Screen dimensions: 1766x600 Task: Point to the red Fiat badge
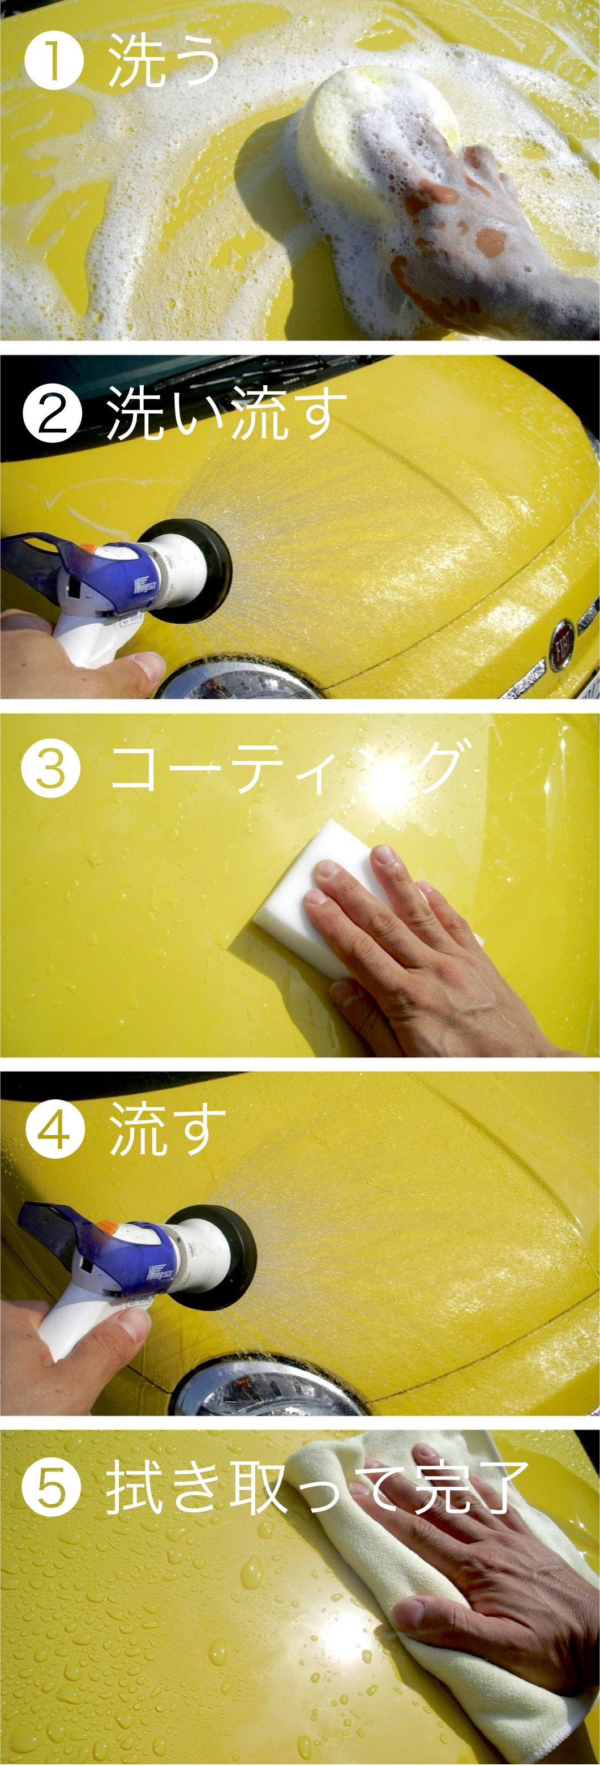(x=563, y=645)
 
